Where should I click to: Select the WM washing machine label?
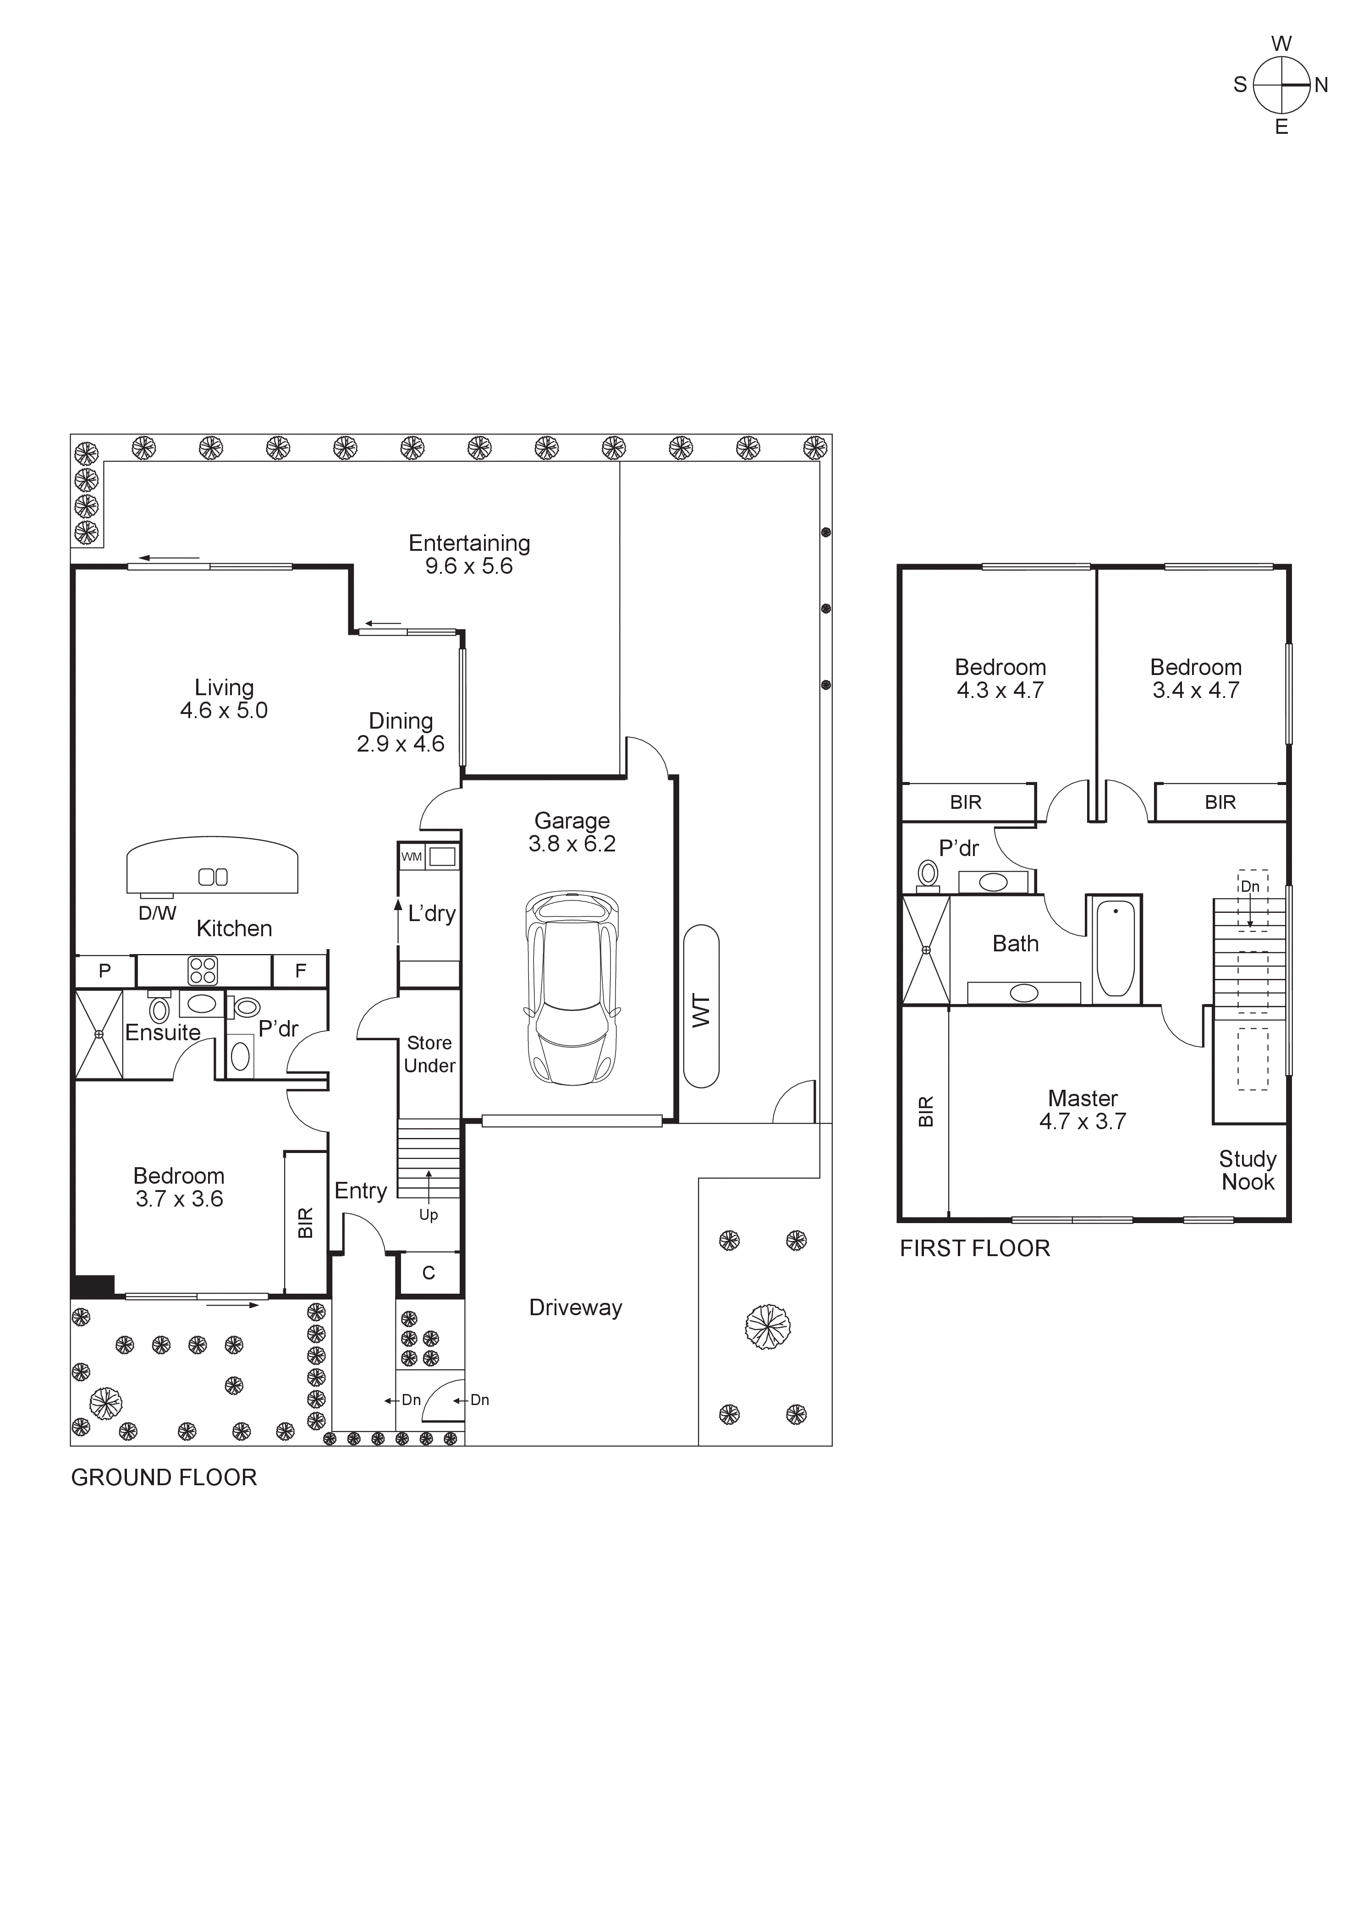point(411,857)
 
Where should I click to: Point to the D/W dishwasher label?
point(157,913)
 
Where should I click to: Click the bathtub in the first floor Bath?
point(1116,949)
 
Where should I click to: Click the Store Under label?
point(429,1054)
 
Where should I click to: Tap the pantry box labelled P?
point(105,971)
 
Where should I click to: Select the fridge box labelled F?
point(300,971)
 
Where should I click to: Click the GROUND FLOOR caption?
point(164,1477)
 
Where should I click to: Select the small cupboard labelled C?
point(429,1273)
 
